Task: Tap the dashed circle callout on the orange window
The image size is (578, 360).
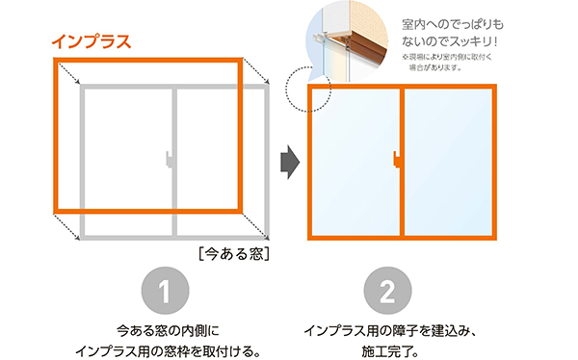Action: (x=309, y=89)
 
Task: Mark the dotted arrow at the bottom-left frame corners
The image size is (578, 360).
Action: (x=67, y=223)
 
